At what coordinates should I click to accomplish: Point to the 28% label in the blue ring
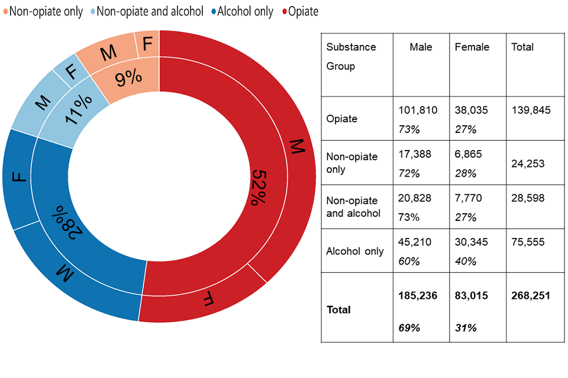pos(66,221)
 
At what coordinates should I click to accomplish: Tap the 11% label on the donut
pos(78,108)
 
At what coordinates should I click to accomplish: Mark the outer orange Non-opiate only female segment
pos(147,44)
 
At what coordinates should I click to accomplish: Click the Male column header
pos(421,47)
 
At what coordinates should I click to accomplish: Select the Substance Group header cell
pos(351,57)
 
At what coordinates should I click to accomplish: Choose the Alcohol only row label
pos(355,251)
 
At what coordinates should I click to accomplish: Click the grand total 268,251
pos(531,295)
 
